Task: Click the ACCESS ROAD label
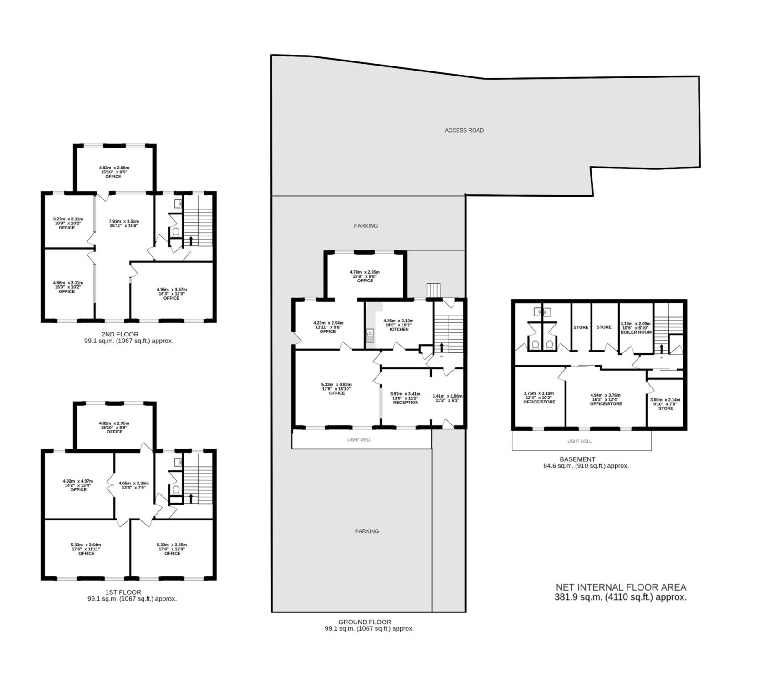point(464,130)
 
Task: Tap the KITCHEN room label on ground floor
point(399,329)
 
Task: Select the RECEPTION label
point(406,403)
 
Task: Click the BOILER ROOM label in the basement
point(636,332)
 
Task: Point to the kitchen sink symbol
point(369,336)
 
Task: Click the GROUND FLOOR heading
point(365,622)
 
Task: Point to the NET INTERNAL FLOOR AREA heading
point(621,588)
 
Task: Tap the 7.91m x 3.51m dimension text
point(121,222)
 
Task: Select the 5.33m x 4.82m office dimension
point(336,385)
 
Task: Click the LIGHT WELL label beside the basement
point(580,441)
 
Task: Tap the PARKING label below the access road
point(366,226)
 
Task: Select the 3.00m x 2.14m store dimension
point(665,400)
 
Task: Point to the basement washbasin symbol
point(541,312)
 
